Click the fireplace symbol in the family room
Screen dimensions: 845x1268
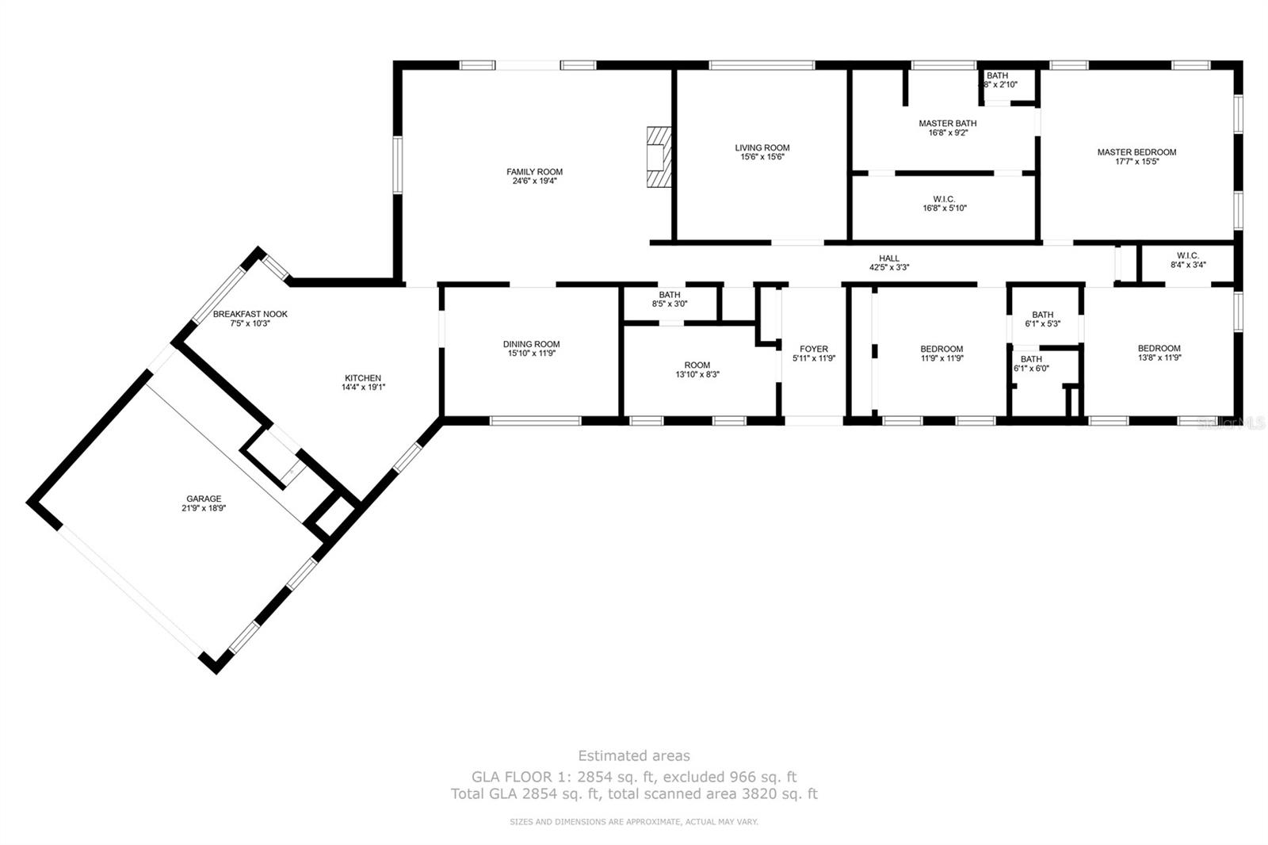(x=657, y=157)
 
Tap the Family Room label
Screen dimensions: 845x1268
(x=534, y=172)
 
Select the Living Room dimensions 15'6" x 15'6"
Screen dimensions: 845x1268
(x=762, y=158)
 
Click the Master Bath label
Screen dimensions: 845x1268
(x=947, y=124)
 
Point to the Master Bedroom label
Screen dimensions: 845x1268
(x=1136, y=152)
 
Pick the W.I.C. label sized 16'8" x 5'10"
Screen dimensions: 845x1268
(x=944, y=199)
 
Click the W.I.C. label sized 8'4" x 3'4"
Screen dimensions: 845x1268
(x=1187, y=255)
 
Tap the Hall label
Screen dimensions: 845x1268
(x=888, y=258)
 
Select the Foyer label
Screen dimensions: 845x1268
(x=813, y=349)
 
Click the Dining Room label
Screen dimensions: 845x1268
(x=531, y=344)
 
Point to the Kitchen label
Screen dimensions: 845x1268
(x=362, y=378)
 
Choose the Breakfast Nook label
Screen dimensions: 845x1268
(x=250, y=314)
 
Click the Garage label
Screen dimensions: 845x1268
(x=204, y=499)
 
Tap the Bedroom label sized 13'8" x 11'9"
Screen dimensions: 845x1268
(x=1159, y=348)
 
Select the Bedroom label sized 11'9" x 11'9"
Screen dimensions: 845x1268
(x=941, y=349)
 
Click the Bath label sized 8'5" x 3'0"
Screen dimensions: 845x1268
(x=669, y=295)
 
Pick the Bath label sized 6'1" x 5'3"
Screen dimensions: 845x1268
(x=1042, y=315)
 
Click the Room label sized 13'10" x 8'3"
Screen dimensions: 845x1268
(x=697, y=365)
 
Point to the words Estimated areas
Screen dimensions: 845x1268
(x=633, y=755)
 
